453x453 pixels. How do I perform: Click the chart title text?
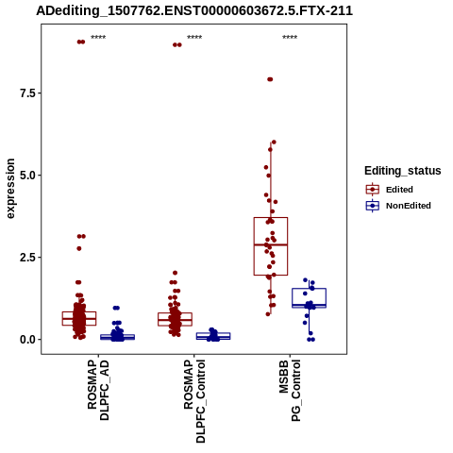point(194,10)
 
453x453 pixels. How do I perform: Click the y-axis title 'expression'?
point(10,189)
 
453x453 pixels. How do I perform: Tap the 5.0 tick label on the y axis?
point(26,176)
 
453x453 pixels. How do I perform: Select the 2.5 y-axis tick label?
point(26,258)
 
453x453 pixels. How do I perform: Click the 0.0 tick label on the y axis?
point(26,340)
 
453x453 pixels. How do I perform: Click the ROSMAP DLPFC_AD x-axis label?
point(98,390)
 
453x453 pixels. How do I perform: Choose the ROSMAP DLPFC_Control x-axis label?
point(194,401)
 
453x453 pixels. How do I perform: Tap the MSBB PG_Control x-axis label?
point(290,391)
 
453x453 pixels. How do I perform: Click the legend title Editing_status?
point(403,171)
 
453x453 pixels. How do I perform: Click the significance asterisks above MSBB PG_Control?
point(290,38)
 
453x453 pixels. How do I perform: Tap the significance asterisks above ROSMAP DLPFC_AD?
point(98,38)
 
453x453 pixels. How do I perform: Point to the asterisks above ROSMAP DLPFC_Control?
point(194,38)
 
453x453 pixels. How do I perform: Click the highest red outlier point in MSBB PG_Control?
point(270,79)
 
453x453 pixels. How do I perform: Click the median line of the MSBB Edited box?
point(271,244)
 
